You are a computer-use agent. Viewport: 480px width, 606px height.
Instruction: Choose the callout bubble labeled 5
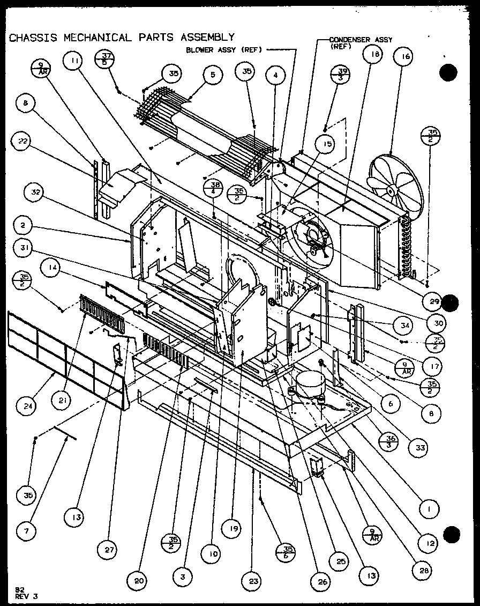coord(213,75)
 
